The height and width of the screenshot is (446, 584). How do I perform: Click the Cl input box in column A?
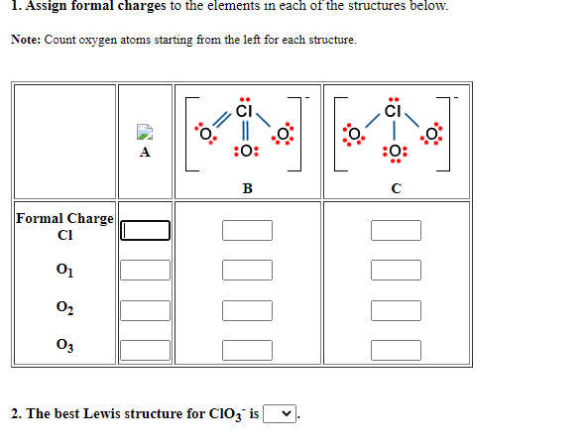[146, 231]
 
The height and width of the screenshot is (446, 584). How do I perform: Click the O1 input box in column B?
[247, 270]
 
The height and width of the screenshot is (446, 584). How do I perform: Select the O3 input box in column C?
[396, 348]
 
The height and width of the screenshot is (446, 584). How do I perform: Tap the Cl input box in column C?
[396, 231]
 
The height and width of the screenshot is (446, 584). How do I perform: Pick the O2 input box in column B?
[247, 309]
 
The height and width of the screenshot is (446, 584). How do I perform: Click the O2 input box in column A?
[146, 309]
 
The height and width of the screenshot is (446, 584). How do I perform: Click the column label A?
[146, 153]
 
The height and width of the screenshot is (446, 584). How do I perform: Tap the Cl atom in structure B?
[245, 111]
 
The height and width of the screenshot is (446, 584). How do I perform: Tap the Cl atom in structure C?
[394, 111]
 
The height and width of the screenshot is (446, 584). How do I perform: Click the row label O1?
[64, 270]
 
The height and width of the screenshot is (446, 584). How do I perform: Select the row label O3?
[64, 348]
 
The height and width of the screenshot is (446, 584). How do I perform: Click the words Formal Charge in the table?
[64, 218]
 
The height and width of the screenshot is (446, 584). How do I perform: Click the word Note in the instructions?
[28, 40]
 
